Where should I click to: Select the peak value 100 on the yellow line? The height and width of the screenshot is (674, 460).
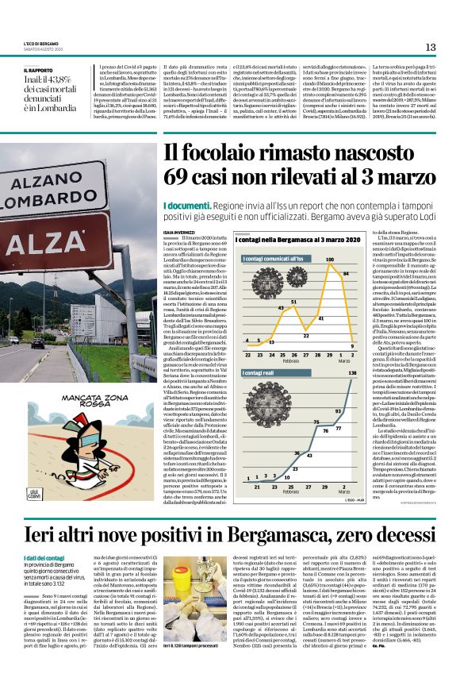(x=329, y=260)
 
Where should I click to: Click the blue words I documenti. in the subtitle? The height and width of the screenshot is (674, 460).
(x=187, y=205)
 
